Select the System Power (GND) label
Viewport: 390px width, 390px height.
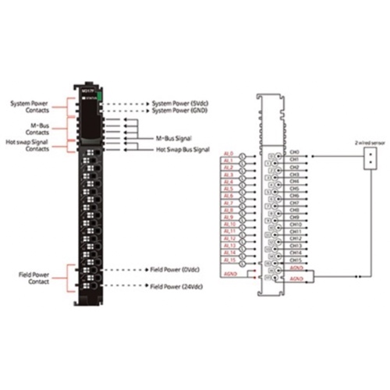(x=180, y=110)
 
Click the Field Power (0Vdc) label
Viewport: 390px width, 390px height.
(x=175, y=269)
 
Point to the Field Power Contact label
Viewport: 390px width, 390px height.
(x=34, y=279)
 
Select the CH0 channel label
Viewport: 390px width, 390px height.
(x=294, y=153)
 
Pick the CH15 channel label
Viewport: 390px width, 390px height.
(x=295, y=259)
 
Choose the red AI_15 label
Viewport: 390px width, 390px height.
(x=229, y=260)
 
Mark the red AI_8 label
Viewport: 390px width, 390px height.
(x=229, y=210)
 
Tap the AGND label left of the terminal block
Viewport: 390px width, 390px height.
(x=231, y=274)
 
